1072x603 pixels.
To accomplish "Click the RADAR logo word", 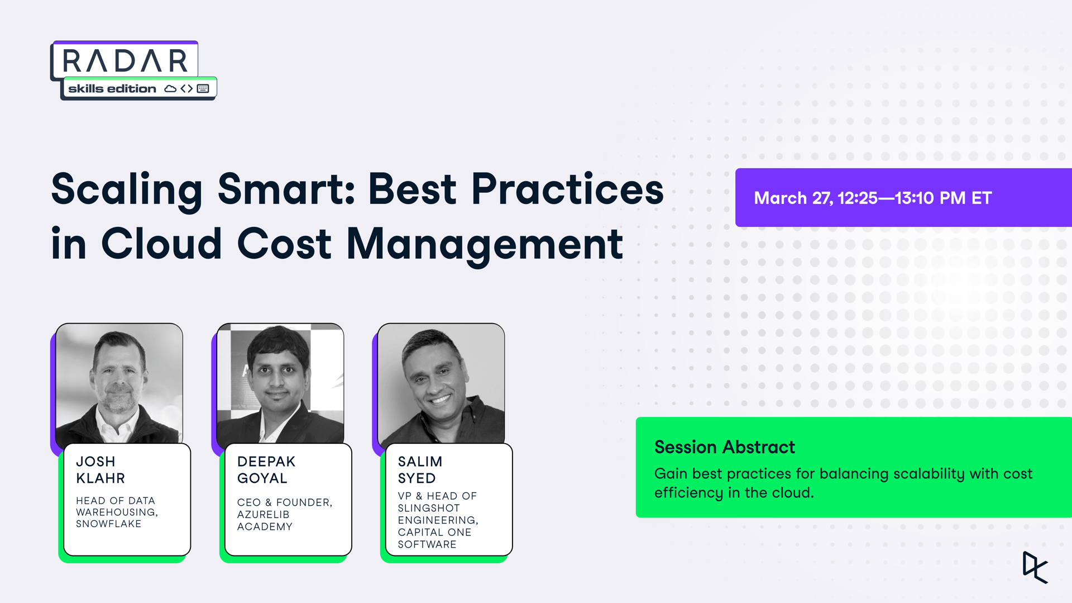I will [x=125, y=60].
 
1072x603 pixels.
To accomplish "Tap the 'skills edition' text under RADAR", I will [x=112, y=89].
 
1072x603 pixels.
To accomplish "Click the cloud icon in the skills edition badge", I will [x=170, y=89].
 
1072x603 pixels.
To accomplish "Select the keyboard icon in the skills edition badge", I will [x=203, y=89].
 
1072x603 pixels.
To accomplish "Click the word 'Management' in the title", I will [x=485, y=244].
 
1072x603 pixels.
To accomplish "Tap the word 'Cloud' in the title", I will [x=161, y=244].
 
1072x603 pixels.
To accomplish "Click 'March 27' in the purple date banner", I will [x=792, y=198].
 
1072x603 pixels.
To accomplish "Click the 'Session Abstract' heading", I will [x=724, y=447].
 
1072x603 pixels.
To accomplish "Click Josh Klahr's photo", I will [x=119, y=383].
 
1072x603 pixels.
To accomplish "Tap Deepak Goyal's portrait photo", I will [x=280, y=383].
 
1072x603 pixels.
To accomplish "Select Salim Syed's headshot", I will [x=441, y=383].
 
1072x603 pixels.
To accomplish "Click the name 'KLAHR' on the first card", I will [x=100, y=478].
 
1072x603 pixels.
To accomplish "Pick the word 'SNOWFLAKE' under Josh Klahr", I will [x=108, y=524].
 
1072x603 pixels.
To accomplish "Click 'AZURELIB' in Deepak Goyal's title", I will [x=263, y=515].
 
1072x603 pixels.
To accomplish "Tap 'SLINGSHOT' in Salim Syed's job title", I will [x=428, y=508].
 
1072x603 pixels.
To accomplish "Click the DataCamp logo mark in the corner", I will [x=1035, y=567].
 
